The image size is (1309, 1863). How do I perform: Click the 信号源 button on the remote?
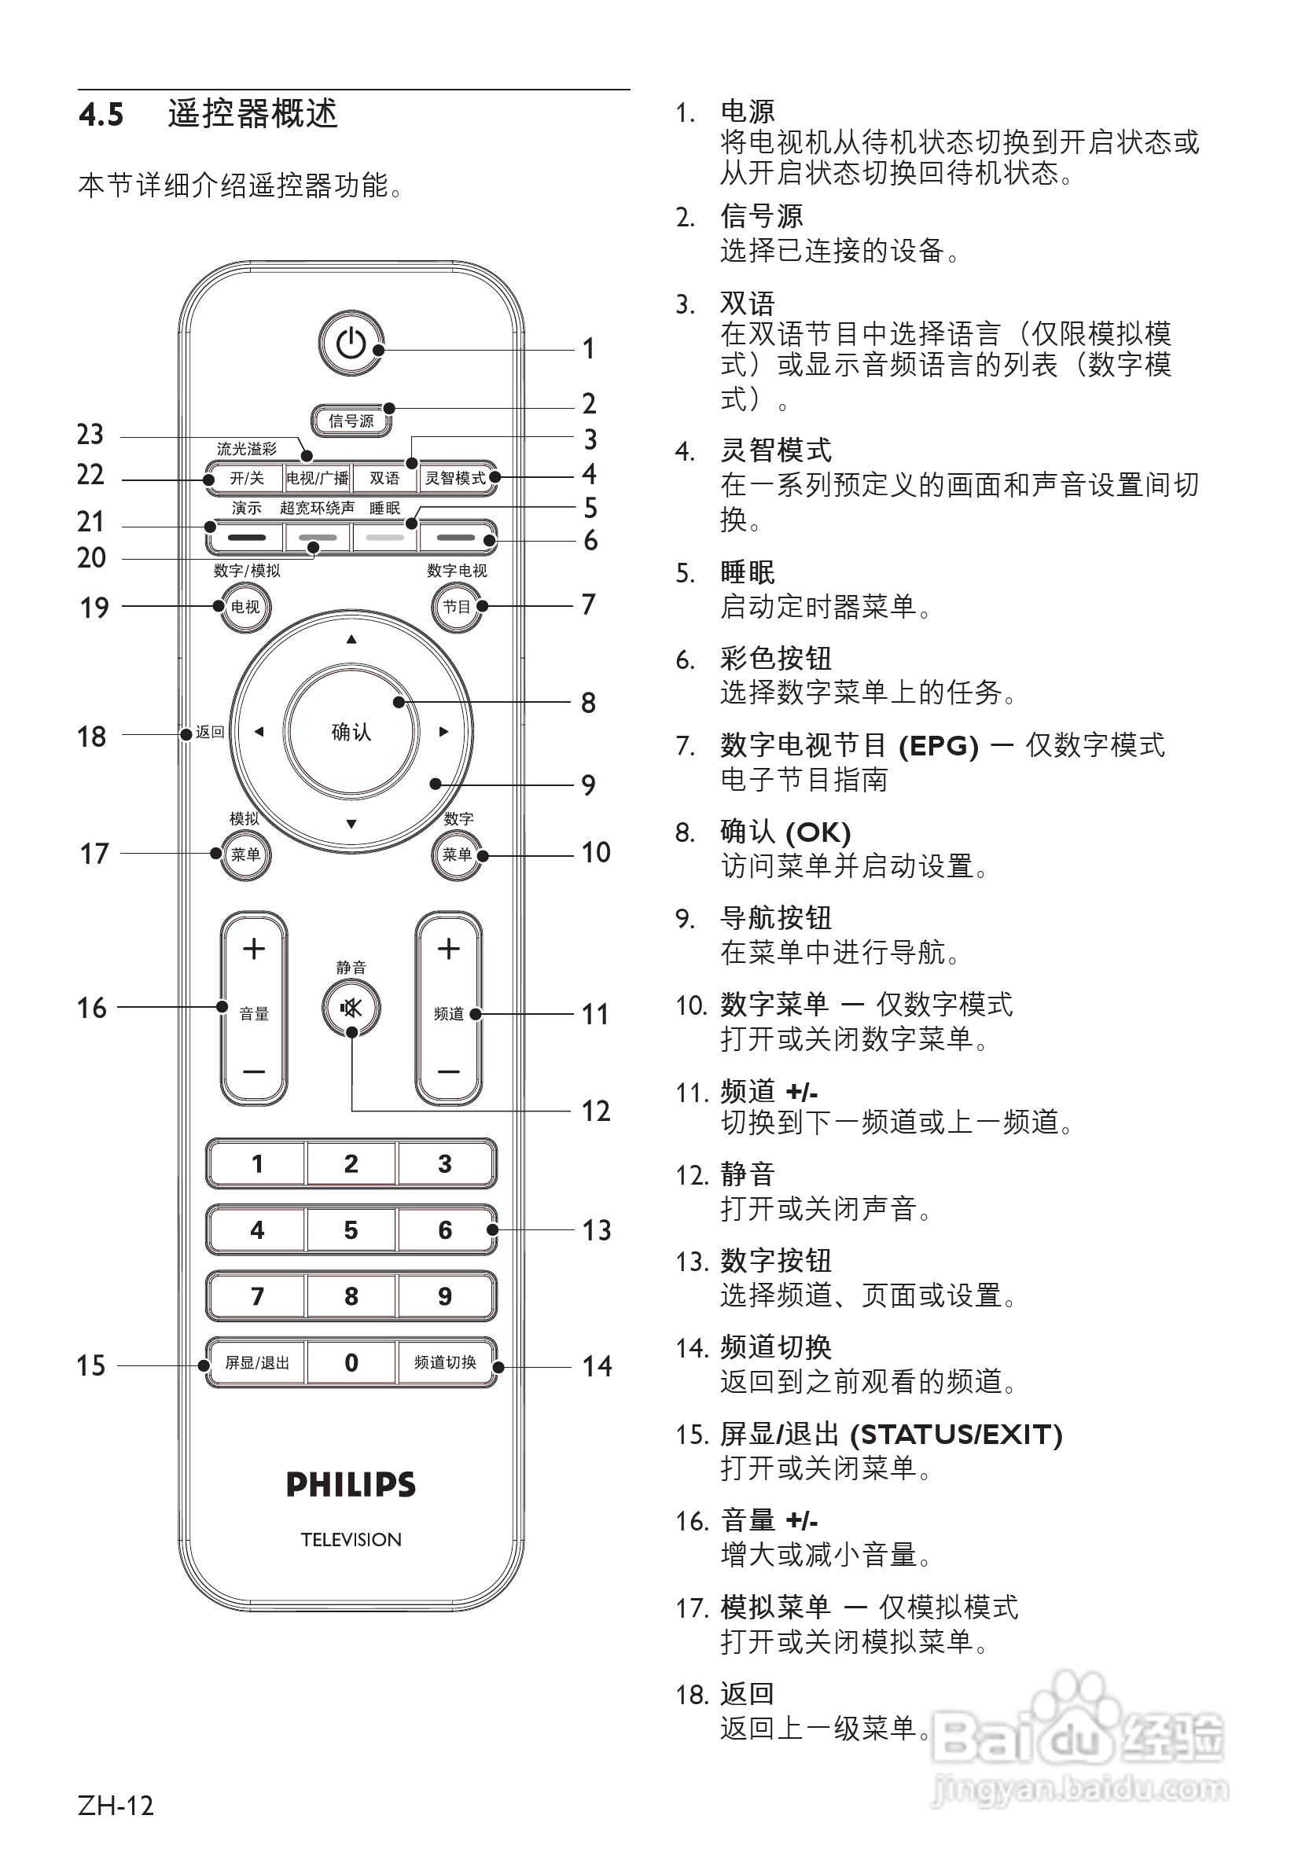point(351,421)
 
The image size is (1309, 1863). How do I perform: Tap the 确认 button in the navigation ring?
point(351,731)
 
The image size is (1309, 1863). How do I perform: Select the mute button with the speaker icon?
point(351,1009)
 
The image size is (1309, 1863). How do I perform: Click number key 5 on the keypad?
point(351,1230)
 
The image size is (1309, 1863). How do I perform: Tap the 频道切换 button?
point(445,1362)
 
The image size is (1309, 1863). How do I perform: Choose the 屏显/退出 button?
point(256,1362)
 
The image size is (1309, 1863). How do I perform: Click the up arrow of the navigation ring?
point(351,640)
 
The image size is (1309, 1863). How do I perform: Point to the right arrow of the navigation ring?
point(443,731)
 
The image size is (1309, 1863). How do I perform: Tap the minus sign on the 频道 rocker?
point(449,1071)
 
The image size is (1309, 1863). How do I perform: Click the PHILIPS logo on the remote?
point(351,1485)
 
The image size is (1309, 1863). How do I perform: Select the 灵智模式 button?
point(455,478)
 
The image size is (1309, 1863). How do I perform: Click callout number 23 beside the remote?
point(90,435)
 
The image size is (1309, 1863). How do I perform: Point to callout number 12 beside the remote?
point(596,1111)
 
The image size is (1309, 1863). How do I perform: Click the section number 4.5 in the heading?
point(101,115)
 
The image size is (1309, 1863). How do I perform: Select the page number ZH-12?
point(116,1806)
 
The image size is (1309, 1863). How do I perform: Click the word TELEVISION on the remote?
point(351,1540)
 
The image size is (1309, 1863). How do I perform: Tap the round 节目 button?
point(456,606)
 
